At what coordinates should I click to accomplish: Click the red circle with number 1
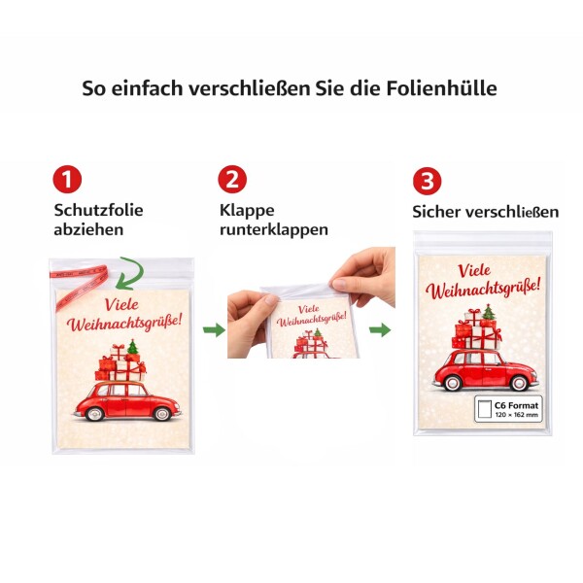point(67,179)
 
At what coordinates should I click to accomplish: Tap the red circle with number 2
point(232,179)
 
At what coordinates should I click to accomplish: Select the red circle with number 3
point(428,181)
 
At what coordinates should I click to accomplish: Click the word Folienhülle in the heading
point(441,88)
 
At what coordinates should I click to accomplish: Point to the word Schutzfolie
point(98,210)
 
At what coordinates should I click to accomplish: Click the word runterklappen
point(274,229)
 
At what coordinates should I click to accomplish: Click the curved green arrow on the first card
point(131,274)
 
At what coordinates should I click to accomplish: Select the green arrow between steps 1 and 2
point(214,329)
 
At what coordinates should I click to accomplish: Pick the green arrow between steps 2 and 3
point(380,329)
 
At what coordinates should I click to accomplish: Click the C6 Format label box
point(508,409)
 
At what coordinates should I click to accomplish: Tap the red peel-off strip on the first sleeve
point(80,285)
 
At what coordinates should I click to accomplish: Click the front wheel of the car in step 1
point(162,413)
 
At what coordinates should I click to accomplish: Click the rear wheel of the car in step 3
point(453,383)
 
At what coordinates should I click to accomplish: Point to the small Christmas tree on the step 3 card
point(489,312)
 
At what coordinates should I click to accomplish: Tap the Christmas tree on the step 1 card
point(133,347)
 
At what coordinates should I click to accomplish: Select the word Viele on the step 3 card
point(474,270)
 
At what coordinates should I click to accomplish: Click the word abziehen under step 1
point(88,229)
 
